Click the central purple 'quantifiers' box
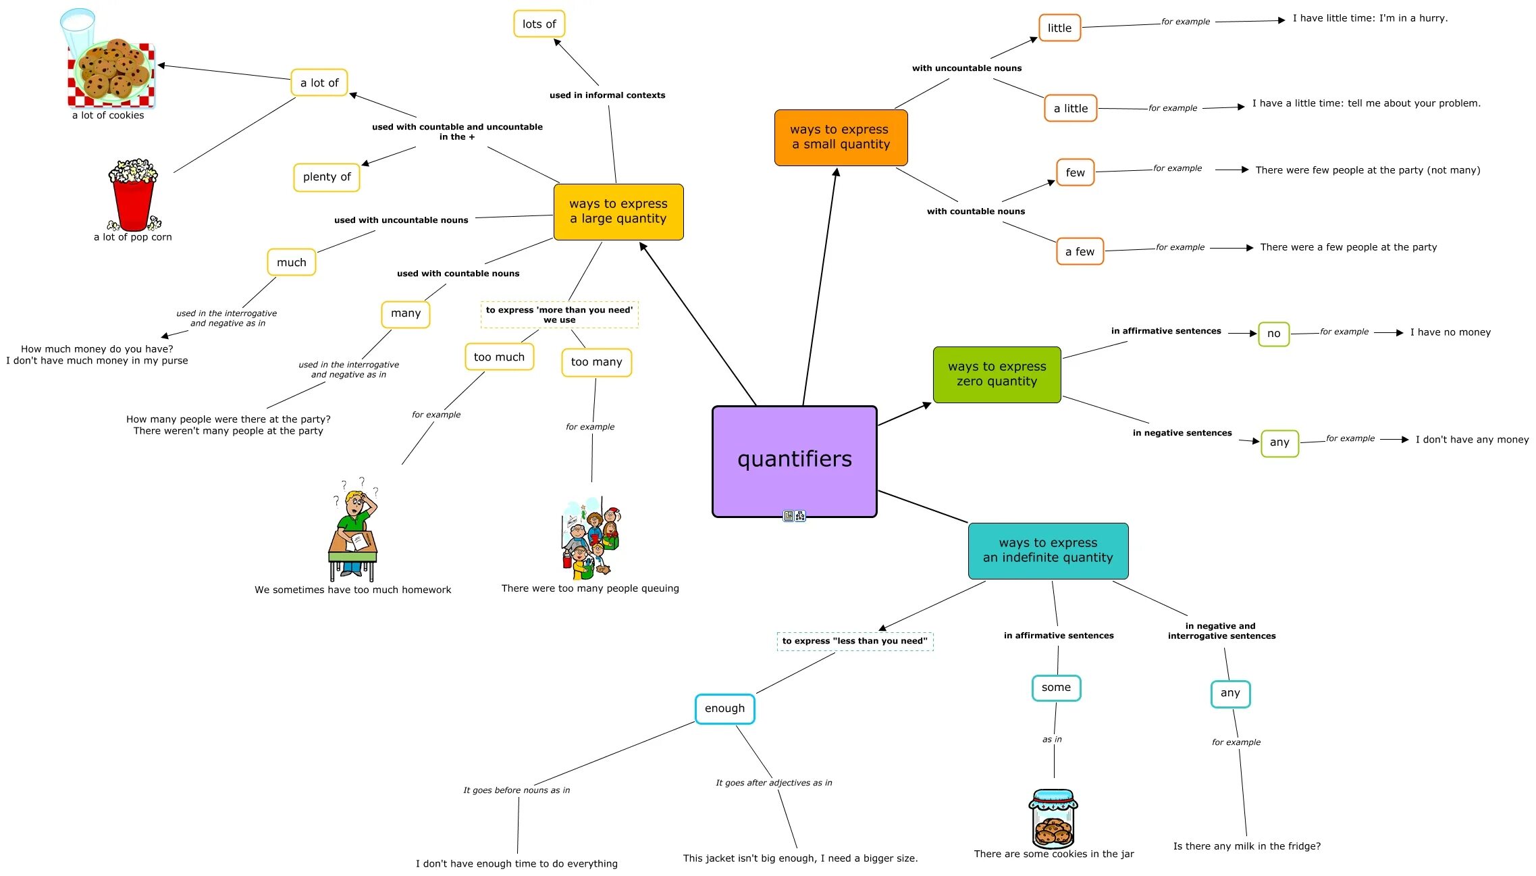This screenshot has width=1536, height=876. pos(794,461)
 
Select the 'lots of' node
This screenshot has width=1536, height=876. pos(539,24)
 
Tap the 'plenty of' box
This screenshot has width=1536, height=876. pos(327,177)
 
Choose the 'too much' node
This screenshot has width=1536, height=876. pos(499,357)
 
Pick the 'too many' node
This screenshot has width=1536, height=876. pos(596,362)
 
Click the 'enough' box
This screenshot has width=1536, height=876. pos(724,708)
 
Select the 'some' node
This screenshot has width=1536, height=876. pos(1056,688)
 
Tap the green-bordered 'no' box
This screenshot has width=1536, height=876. pos(1273,334)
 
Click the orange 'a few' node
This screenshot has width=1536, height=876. pos(1080,252)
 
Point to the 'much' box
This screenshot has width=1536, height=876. pos(291,263)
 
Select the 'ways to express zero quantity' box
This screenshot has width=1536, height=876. pos(997,374)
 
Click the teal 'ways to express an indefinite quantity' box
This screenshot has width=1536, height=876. pos(1048,550)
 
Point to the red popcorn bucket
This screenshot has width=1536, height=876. pos(133,199)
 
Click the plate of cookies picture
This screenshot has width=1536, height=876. pos(113,73)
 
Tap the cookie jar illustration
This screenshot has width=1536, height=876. pos(1053,819)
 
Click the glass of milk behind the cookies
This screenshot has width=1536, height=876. pos(76,27)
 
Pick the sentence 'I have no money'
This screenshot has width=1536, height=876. pos(1450,332)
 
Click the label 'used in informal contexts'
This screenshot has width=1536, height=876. pos(607,95)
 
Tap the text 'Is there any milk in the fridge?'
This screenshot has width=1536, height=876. pos(1246,846)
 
